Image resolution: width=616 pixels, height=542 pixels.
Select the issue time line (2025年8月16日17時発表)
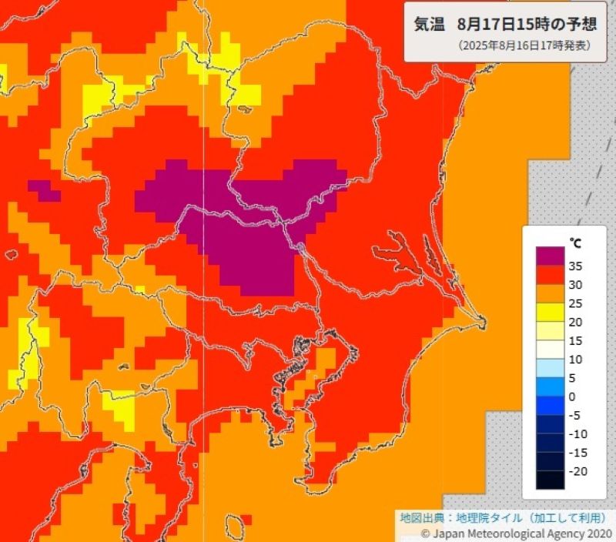(524, 45)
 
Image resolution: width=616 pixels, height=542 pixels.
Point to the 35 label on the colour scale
(576, 266)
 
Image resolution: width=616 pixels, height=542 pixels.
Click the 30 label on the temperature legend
(576, 285)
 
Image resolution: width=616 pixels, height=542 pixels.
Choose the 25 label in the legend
(576, 303)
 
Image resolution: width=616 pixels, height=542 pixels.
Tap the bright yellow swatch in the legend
(551, 313)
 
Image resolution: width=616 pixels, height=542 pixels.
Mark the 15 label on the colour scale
(576, 341)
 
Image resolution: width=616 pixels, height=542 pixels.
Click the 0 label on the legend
(572, 396)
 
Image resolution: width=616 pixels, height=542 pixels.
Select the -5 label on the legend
(574, 416)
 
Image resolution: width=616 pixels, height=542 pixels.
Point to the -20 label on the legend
(577, 471)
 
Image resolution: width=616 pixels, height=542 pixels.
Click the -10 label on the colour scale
(577, 434)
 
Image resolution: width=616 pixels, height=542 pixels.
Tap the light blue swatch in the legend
(551, 369)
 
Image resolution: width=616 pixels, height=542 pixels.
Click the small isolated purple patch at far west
(44, 189)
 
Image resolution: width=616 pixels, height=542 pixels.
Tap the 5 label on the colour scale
(572, 378)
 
